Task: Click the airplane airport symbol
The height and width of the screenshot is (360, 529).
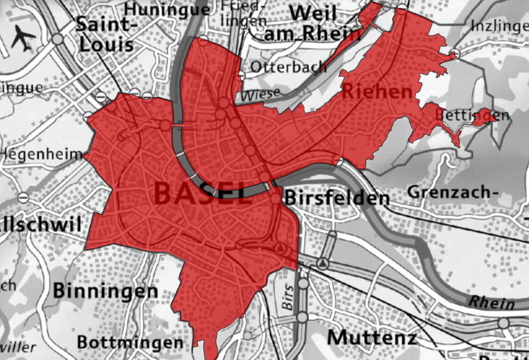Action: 23,38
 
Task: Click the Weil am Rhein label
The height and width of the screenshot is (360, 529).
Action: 314,23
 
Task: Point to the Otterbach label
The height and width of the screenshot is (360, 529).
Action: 288,67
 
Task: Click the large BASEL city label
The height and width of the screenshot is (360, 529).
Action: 195,193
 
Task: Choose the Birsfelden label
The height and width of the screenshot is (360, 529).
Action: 337,198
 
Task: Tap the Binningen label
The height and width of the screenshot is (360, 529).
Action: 105,291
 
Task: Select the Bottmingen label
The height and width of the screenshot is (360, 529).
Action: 129,342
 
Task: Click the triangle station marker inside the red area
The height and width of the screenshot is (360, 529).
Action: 281,249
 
